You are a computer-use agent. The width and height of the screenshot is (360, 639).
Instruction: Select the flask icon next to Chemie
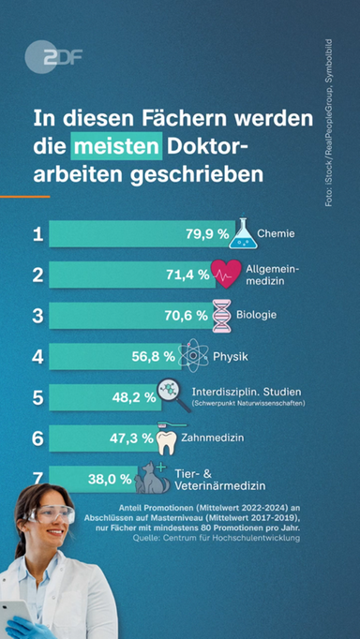[x=242, y=231]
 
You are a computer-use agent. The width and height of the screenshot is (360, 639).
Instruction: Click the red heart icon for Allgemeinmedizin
[x=228, y=274]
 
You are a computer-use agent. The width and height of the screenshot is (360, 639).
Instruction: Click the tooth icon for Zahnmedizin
[x=166, y=438]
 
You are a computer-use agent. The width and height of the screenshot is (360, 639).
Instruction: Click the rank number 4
[x=37, y=356]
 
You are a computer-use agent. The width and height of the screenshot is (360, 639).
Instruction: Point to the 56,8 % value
[x=153, y=356]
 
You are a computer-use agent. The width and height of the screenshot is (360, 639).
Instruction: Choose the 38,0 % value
[x=110, y=479]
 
